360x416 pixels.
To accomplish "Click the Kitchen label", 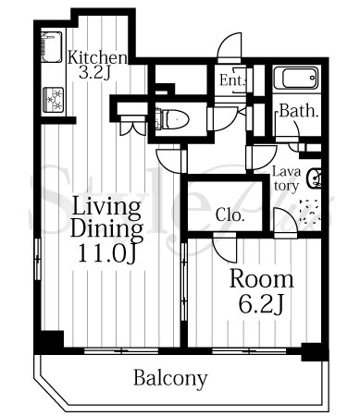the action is point(97,57).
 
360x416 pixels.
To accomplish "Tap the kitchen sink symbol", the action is point(52,47).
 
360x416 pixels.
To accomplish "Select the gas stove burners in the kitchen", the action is point(53,100).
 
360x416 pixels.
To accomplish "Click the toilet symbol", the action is point(172,118).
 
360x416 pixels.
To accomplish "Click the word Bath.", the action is point(299,111).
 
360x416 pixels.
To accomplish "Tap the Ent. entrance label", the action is point(233,80).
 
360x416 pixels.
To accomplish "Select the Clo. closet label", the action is point(230,214).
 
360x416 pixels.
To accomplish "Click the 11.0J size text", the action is point(106,253).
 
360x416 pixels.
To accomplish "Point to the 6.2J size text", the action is point(261,304).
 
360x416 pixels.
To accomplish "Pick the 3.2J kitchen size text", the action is point(94,73).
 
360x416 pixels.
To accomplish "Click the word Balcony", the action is point(170,378).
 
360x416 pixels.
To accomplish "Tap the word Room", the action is point(262,279).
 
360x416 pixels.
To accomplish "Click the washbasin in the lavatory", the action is point(315,178).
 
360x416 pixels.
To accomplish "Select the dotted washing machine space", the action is point(309,211).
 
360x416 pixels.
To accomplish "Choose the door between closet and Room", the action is point(225,246).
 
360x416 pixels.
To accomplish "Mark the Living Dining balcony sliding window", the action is point(121,350).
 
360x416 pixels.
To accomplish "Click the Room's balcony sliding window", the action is point(249,350).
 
